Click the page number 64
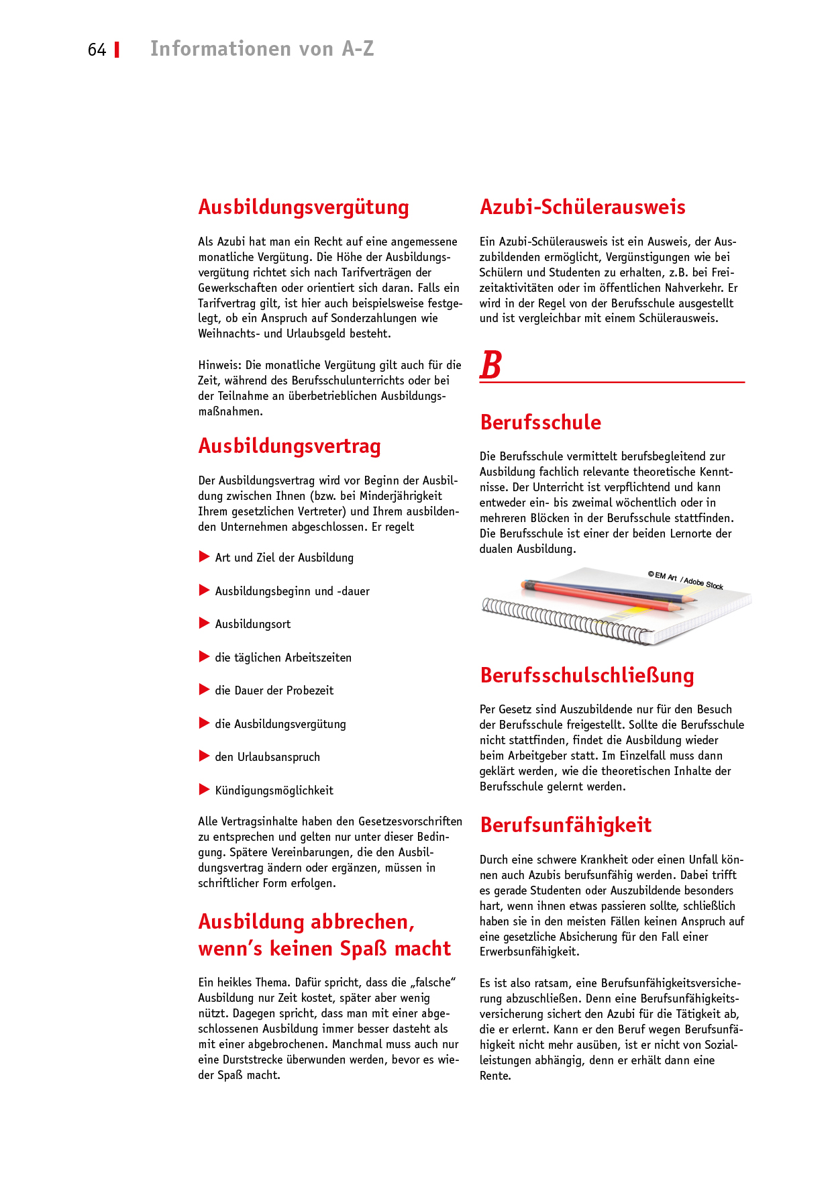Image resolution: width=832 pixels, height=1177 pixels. pos(97,50)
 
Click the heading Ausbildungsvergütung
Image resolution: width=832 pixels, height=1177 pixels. pos(303,207)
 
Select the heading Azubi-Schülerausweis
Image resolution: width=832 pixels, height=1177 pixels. pos(582,207)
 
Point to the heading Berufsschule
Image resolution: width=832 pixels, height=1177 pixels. pos(540,423)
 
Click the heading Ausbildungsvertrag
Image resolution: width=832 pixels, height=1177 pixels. pos(289,446)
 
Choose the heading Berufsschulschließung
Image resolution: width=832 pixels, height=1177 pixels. pos(586,676)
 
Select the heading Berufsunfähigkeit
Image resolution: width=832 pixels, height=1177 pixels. pos(566,825)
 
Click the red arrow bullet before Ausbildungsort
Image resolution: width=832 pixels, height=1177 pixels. pos(204,623)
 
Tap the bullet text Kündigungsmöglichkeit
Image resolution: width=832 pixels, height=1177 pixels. pos(274,790)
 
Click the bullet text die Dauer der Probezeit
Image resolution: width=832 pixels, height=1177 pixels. pos(274,690)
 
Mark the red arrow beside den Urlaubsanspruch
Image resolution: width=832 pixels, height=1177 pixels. pos(204,756)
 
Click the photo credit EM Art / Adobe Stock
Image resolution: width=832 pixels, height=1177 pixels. pos(685,580)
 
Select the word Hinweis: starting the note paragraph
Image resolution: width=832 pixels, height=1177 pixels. pos(220,365)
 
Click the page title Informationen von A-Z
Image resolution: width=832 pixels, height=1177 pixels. pos(262,49)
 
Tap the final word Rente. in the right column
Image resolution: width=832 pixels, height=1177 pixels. pos(495,1076)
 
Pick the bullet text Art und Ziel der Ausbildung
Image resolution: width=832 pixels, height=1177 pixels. pos(284,558)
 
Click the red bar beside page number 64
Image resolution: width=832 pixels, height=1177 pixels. pos(117,50)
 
